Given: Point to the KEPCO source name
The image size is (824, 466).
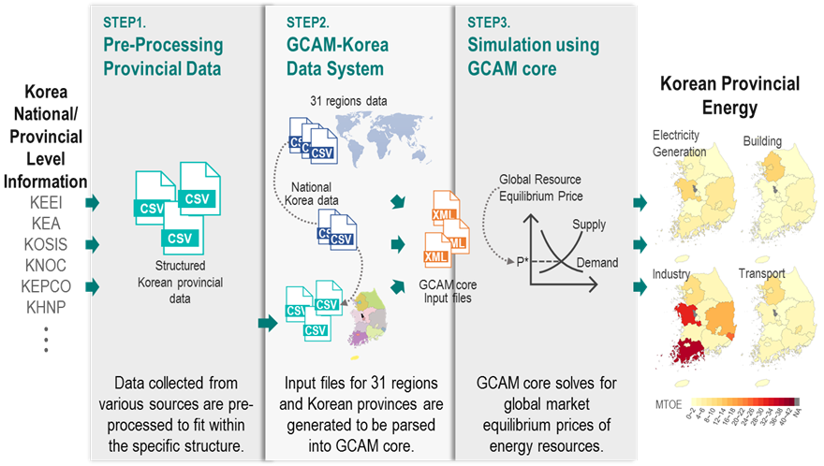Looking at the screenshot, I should pyautogui.click(x=45, y=285).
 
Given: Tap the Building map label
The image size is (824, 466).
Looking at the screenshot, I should pyautogui.click(x=762, y=140).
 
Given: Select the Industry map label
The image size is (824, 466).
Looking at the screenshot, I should pyautogui.click(x=672, y=276).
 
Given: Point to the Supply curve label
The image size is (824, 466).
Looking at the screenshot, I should pyautogui.click(x=589, y=225).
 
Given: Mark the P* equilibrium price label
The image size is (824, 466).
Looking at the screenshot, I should pyautogui.click(x=511, y=263).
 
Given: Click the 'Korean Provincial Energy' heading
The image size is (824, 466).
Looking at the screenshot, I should pyautogui.click(x=730, y=96).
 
